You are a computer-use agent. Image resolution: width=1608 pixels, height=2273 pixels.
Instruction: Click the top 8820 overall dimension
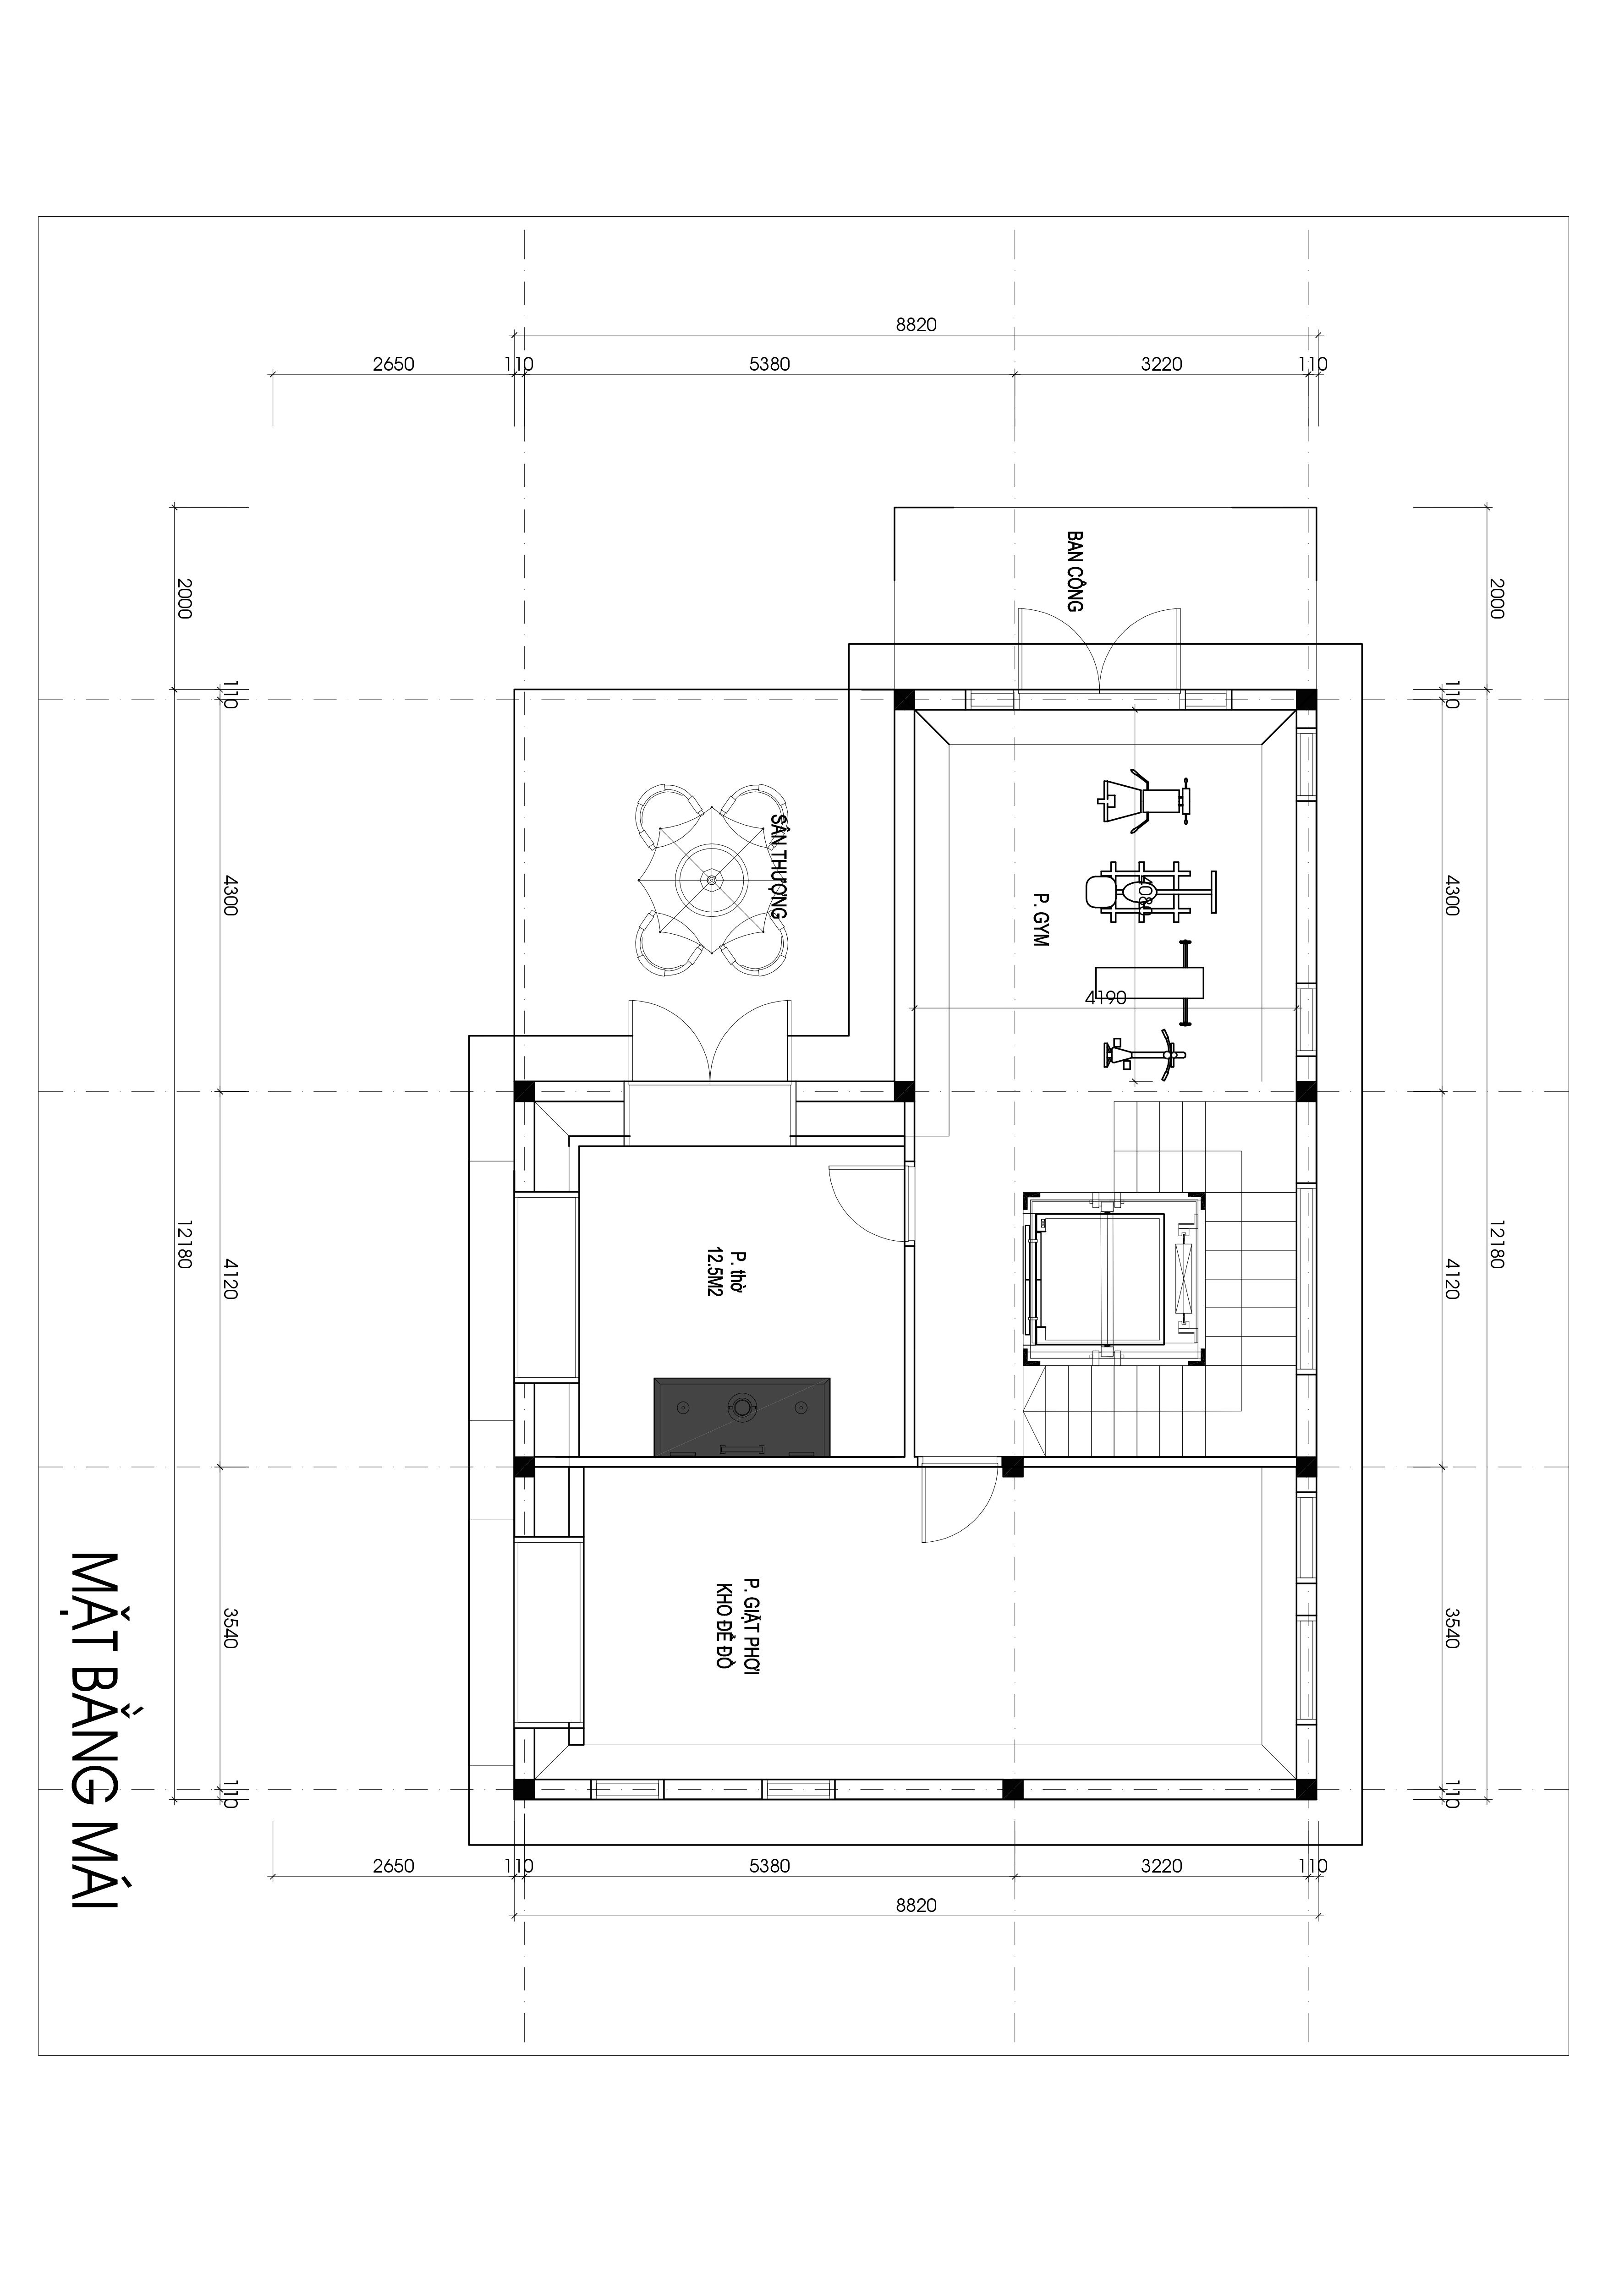pyautogui.click(x=916, y=325)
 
